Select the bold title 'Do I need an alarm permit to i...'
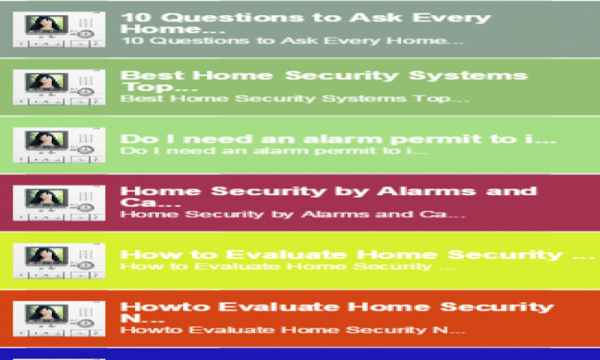click(338, 139)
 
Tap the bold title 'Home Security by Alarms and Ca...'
click(328, 196)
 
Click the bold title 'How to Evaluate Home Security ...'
click(352, 254)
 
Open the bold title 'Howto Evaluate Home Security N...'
click(336, 313)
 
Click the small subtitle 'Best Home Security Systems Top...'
click(295, 98)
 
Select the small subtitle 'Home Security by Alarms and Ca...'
click(293, 214)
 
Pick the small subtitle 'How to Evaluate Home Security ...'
click(289, 265)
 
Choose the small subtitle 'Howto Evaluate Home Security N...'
click(293, 330)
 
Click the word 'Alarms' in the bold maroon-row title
click(436, 190)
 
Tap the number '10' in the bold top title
click(133, 16)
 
